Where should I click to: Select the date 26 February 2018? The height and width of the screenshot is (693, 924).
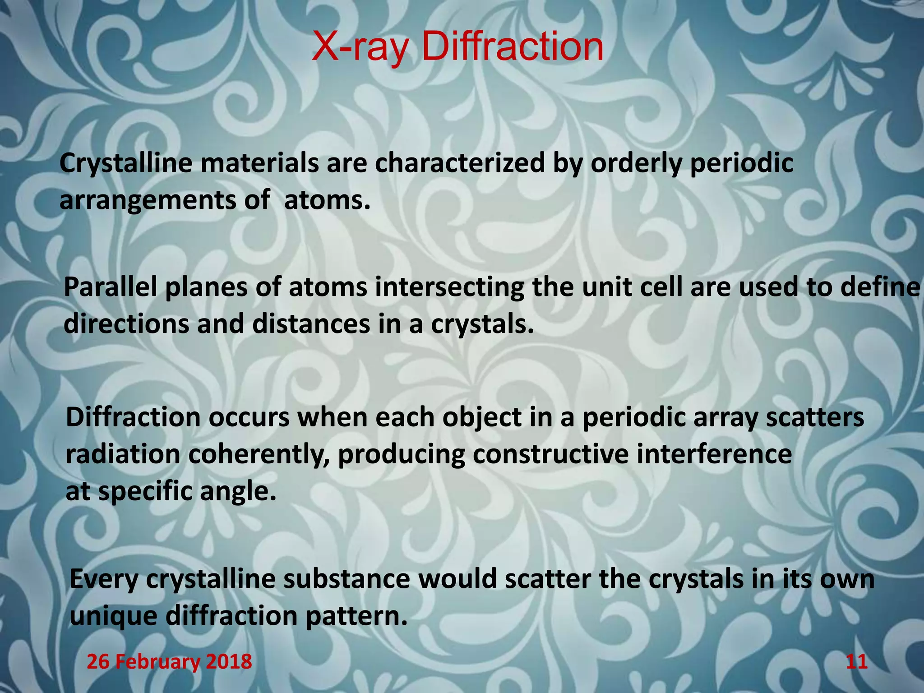coord(169,662)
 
